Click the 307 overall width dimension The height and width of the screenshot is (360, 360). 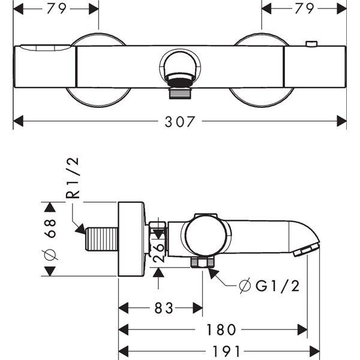click(180, 121)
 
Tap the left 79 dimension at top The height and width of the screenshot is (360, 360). click(57, 8)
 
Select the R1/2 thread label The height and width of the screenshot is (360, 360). click(73, 178)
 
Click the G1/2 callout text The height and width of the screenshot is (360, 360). click(277, 286)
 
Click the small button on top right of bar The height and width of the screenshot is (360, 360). click(310, 44)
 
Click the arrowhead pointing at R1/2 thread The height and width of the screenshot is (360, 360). click(80, 228)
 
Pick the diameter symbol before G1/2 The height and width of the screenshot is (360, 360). click(244, 286)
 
